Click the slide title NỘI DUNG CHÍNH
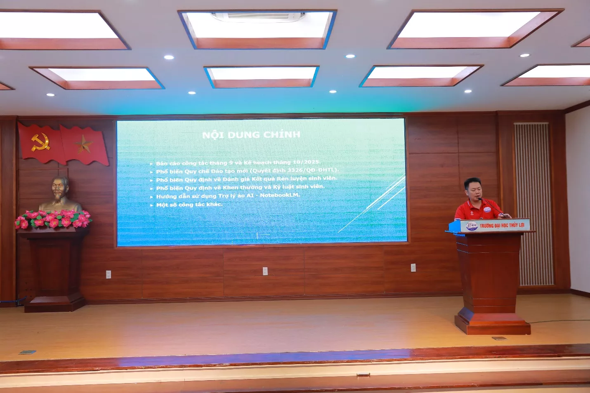click(251, 135)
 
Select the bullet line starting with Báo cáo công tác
click(238, 162)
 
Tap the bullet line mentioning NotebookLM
click(228, 195)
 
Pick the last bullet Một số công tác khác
click(189, 205)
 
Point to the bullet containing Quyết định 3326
click(247, 171)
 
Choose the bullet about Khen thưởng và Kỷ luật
click(240, 187)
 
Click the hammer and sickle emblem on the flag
click(40, 142)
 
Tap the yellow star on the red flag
click(84, 145)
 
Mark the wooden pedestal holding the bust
click(54, 268)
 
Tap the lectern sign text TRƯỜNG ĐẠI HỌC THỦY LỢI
click(502, 225)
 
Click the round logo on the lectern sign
click(471, 226)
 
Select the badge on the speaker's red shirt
click(487, 210)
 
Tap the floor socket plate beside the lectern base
click(499, 338)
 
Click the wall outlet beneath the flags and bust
click(109, 274)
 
